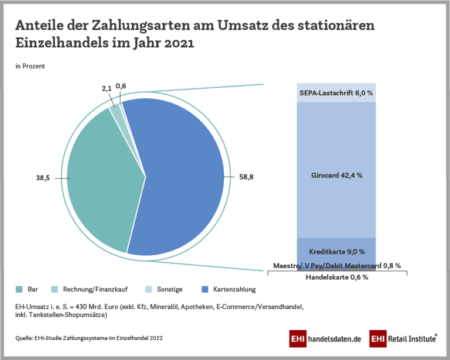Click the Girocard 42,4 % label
coord(336,175)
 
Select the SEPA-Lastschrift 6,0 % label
coord(336,92)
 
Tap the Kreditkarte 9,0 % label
coord(336,252)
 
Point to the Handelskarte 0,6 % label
coord(336,277)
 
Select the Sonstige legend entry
coord(170,289)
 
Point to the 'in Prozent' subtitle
coord(30,66)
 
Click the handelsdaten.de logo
coord(326,339)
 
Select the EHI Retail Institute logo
coord(403,338)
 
